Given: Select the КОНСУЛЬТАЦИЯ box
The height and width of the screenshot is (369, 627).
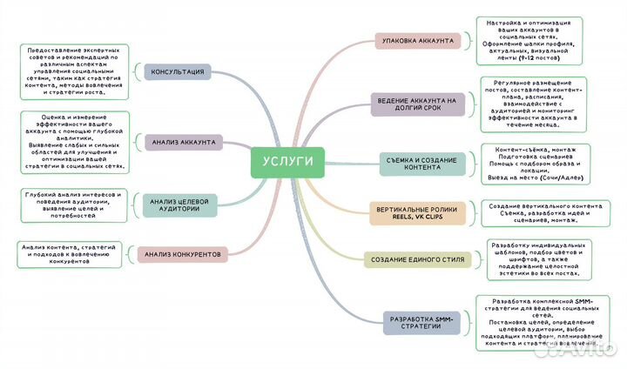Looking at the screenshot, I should tap(178, 71).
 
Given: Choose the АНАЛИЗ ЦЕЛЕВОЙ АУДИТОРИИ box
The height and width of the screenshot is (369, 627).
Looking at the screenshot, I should tap(179, 205).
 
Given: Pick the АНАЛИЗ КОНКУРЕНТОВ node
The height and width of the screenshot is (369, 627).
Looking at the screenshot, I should tap(183, 254).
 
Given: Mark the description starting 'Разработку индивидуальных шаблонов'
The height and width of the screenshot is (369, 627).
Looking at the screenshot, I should tap(535, 258).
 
